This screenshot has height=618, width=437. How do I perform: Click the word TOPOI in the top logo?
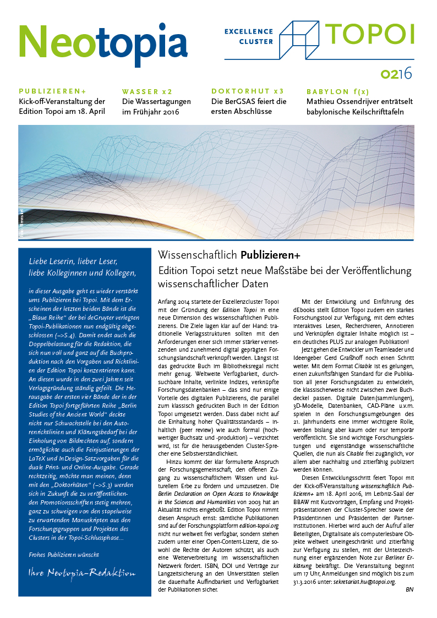tap(370, 34)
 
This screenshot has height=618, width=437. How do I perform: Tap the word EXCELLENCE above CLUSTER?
tap(249, 32)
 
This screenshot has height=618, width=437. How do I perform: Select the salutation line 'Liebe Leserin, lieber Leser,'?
tap(73, 261)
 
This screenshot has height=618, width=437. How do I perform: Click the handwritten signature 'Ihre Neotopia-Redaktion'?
tap(81, 573)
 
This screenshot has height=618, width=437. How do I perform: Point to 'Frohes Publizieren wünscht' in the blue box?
tap(64, 555)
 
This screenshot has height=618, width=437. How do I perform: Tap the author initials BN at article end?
tap(409, 590)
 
